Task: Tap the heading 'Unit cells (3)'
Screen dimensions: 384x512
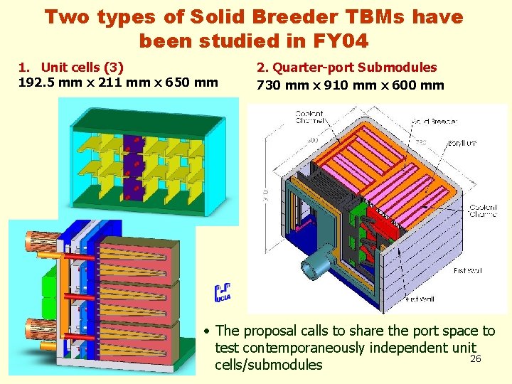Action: pyautogui.click(x=82, y=68)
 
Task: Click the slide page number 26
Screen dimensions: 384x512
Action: pyautogui.click(x=476, y=358)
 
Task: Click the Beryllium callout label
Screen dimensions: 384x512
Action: pyautogui.click(x=462, y=143)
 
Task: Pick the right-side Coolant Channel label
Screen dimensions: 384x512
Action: pyautogui.click(x=483, y=210)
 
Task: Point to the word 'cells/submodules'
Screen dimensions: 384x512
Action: pyautogui.click(x=268, y=365)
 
